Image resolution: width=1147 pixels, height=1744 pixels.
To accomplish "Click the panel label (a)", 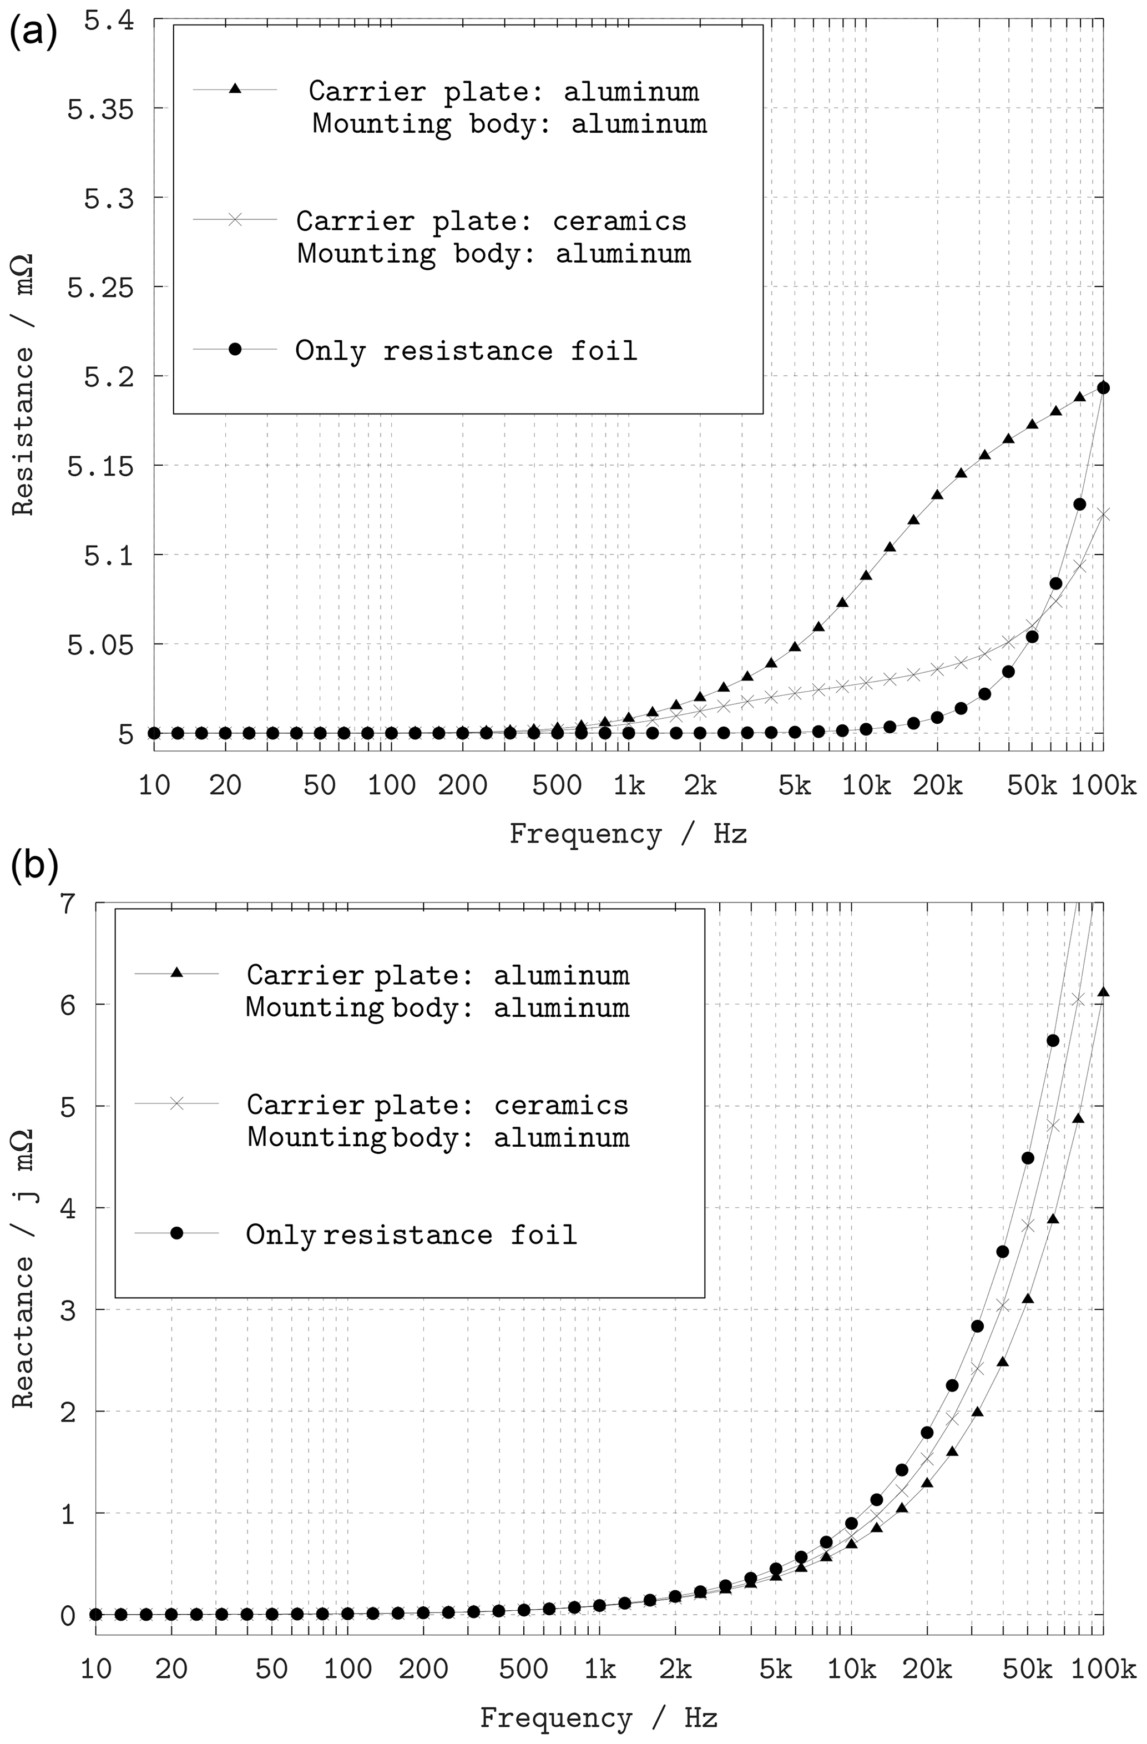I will click(x=32, y=33).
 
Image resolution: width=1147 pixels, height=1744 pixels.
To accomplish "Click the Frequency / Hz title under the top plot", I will click(x=628, y=834).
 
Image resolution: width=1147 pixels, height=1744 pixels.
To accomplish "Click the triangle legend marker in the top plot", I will click(x=234, y=89).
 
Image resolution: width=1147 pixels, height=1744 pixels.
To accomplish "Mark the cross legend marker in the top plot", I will click(x=234, y=219).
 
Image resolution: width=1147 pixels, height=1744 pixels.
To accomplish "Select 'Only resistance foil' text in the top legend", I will click(x=466, y=351).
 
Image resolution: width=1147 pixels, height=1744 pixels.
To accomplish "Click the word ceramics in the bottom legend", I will click(x=561, y=1105).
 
